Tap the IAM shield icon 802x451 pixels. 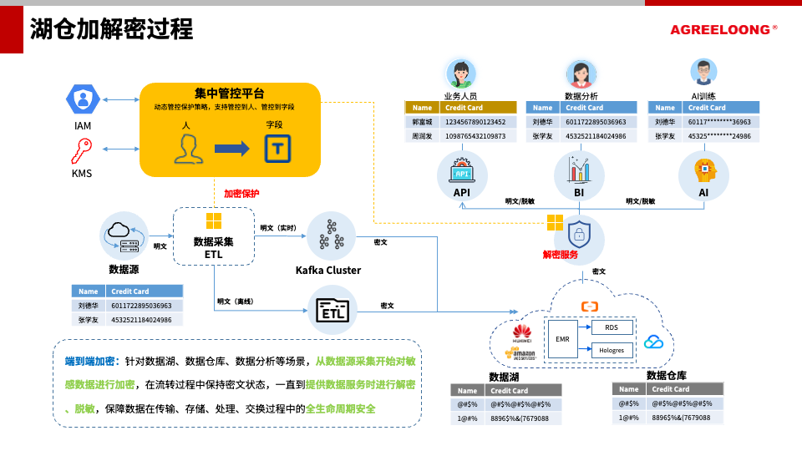(83, 100)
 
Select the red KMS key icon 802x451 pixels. (82, 151)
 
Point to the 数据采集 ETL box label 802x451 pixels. (213, 247)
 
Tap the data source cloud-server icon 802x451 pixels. (124, 236)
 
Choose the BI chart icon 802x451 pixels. (579, 170)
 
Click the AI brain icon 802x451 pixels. (703, 170)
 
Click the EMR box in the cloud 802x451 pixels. (562, 339)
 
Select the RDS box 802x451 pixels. (612, 327)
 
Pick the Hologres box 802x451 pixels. (612, 351)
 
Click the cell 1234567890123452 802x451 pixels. (475, 122)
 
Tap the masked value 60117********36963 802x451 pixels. (719, 122)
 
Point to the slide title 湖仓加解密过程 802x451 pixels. (111, 29)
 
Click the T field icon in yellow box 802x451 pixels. (277, 149)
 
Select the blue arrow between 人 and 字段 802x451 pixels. (231, 149)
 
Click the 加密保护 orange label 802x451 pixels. (241, 194)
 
